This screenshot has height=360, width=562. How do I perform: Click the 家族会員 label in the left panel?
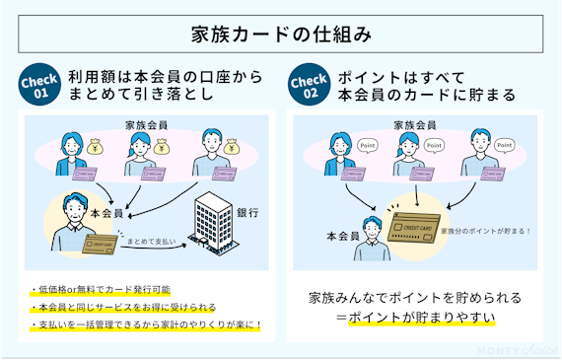[146, 124]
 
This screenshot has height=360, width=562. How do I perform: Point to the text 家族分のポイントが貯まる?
[485, 231]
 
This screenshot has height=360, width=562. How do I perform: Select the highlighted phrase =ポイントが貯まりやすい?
[413, 318]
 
